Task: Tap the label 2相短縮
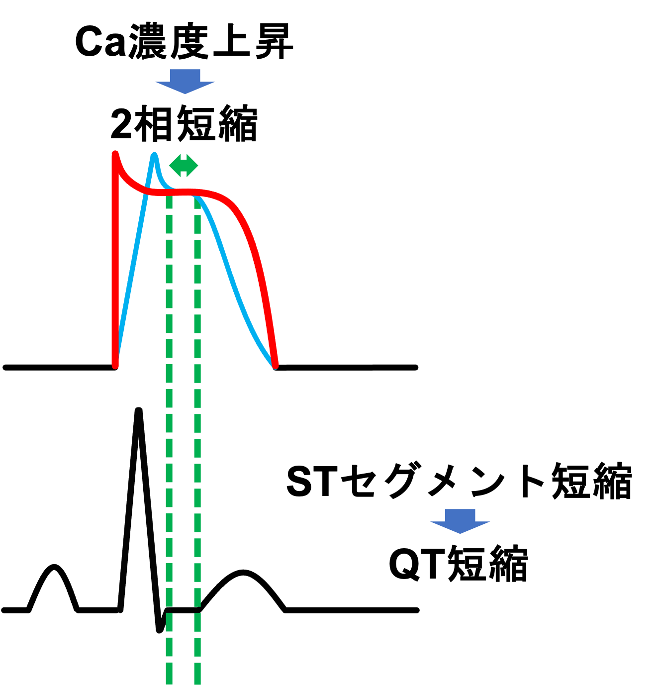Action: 184,123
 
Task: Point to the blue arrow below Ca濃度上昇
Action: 185,81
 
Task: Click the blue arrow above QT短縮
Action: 460,521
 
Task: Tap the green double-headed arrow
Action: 184,165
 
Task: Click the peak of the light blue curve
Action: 154,155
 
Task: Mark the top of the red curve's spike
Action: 115,153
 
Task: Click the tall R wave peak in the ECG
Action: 139,410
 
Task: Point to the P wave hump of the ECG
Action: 54,567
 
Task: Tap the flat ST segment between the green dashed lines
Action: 183,610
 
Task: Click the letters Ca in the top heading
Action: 100,42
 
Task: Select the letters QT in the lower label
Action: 417,564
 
